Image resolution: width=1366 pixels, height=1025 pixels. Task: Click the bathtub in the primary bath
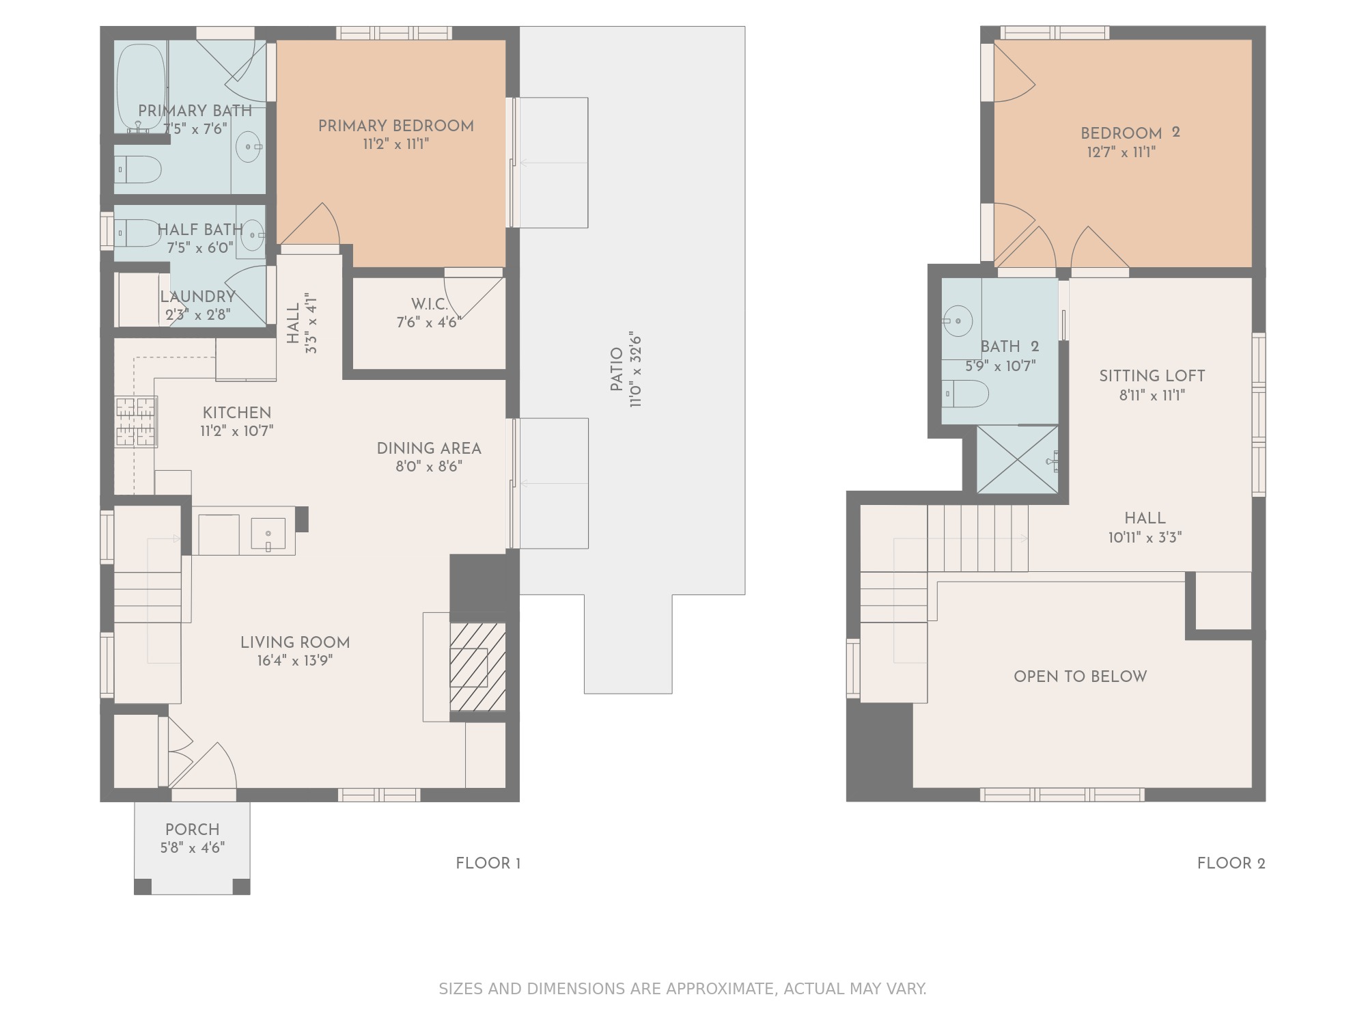click(x=141, y=88)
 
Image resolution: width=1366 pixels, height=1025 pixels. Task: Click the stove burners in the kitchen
click(x=136, y=422)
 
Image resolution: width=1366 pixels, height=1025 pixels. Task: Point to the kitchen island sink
click(x=268, y=534)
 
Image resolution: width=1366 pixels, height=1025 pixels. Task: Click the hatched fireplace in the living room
click(x=477, y=667)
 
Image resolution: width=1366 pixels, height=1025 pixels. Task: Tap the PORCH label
click(x=193, y=830)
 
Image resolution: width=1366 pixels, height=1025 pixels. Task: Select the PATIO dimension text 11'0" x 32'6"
click(x=637, y=370)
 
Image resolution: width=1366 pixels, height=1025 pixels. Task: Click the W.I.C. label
click(x=430, y=304)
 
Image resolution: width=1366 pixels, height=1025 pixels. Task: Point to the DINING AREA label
click(x=429, y=449)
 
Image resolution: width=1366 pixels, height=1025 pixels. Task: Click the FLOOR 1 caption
click(x=488, y=864)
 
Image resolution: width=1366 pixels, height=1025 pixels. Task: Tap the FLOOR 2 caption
click(x=1231, y=864)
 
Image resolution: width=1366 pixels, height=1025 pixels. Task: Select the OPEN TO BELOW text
click(x=1081, y=676)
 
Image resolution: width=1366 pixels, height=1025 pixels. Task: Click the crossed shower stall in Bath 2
click(x=1018, y=459)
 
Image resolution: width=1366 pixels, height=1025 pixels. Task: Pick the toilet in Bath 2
click(x=965, y=394)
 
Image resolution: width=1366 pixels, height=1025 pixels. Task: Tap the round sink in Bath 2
click(x=958, y=320)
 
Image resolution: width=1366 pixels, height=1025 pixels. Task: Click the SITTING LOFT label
click(x=1152, y=377)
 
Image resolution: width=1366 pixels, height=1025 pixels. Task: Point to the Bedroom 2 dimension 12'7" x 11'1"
click(x=1121, y=152)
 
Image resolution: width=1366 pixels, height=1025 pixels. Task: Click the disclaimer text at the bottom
click(x=682, y=989)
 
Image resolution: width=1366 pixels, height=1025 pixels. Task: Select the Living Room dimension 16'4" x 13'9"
click(x=295, y=661)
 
